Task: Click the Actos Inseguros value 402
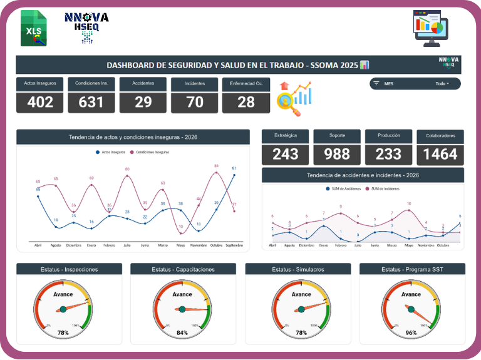(x=40, y=101)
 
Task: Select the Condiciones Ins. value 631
(x=91, y=101)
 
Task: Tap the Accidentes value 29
(x=143, y=101)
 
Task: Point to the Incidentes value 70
(x=195, y=101)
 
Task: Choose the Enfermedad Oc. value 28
(x=246, y=101)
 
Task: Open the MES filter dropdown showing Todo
(x=442, y=83)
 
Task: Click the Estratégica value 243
(x=286, y=154)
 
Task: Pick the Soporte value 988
(x=337, y=154)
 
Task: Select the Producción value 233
(x=388, y=154)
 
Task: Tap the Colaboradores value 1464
(x=440, y=154)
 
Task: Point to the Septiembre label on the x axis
(x=234, y=245)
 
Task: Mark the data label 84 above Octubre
(x=216, y=166)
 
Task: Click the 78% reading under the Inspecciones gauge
(x=63, y=333)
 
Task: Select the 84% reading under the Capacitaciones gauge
(x=182, y=333)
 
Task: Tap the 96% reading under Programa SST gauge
(x=411, y=333)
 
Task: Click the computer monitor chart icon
(x=432, y=28)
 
